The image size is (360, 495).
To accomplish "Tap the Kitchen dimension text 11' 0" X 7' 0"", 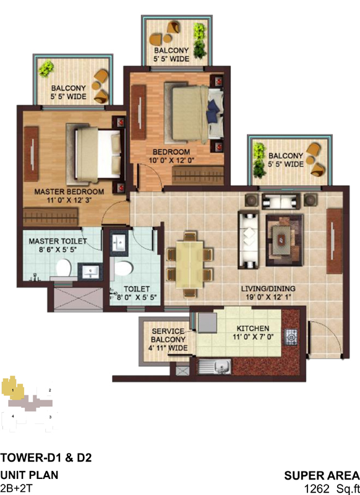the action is pyautogui.click(x=253, y=337).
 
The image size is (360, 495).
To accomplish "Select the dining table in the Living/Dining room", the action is pyautogui.click(x=189, y=265).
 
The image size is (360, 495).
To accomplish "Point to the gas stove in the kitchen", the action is pyautogui.click(x=291, y=337).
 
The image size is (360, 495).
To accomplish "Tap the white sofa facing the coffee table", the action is pyautogui.click(x=249, y=239).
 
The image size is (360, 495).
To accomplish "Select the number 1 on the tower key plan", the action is pyautogui.click(x=12, y=390).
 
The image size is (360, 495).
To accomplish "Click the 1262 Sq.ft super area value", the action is pyautogui.click(x=332, y=489).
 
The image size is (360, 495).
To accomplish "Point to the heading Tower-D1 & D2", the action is pyautogui.click(x=46, y=457).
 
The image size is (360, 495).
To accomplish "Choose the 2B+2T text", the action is pyautogui.click(x=17, y=488).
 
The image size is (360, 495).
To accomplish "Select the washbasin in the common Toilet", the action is pyautogui.click(x=119, y=242).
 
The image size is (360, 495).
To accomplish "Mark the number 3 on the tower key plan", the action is pyautogui.click(x=50, y=417).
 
